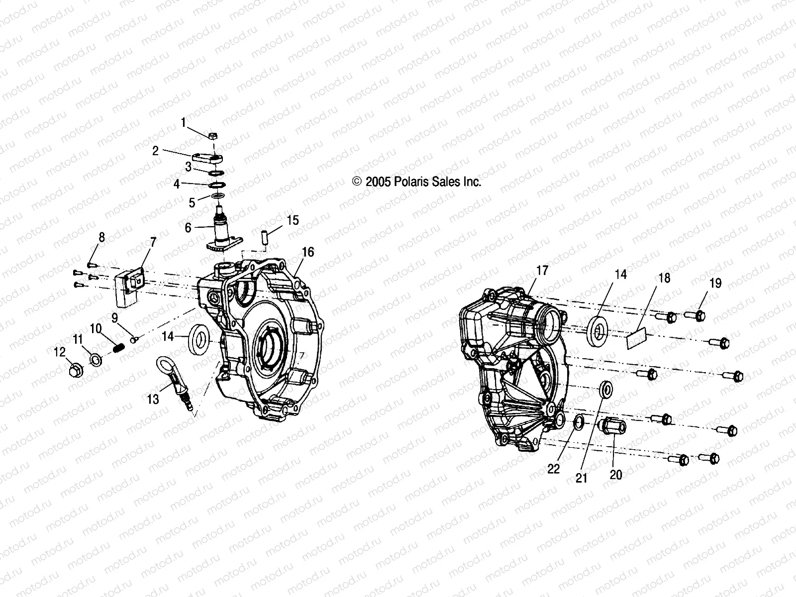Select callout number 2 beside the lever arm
(x=155, y=151)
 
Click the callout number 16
(x=308, y=252)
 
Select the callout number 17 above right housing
(x=542, y=270)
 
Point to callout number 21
(x=582, y=478)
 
